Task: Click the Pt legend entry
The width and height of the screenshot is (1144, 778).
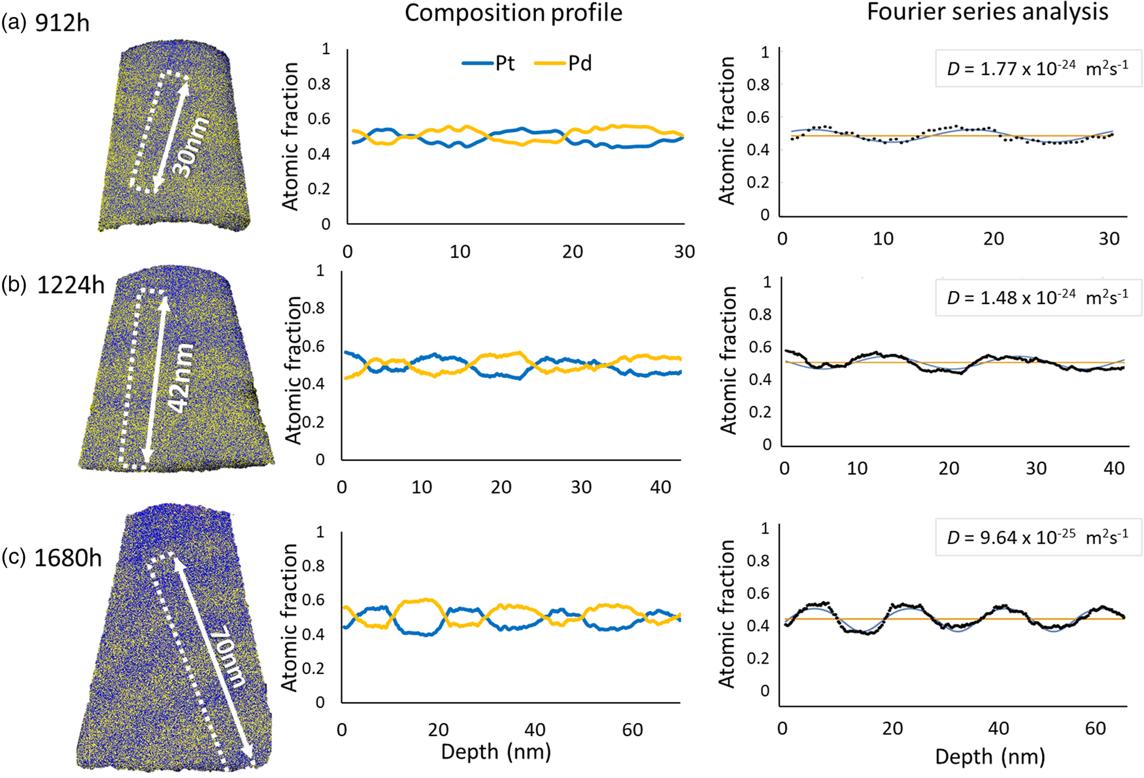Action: pyautogui.click(x=488, y=63)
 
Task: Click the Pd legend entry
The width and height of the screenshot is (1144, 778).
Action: pyautogui.click(x=563, y=63)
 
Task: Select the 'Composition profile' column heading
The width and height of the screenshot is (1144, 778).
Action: pyautogui.click(x=513, y=13)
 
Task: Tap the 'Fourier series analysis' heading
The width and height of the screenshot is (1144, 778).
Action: pyautogui.click(x=987, y=12)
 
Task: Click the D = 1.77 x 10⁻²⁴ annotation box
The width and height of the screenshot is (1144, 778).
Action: pyautogui.click(x=1037, y=68)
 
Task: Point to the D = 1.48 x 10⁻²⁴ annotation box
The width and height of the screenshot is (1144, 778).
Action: pyautogui.click(x=1037, y=297)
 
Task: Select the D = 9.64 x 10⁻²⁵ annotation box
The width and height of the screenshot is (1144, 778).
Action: pyautogui.click(x=1037, y=537)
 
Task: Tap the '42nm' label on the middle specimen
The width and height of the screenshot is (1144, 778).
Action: pyautogui.click(x=178, y=378)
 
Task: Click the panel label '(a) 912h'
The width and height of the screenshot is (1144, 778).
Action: pyautogui.click(x=45, y=23)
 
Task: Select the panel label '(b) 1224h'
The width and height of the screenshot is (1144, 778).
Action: pyautogui.click(x=53, y=285)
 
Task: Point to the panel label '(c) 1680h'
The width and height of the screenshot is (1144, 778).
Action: pyautogui.click(x=52, y=558)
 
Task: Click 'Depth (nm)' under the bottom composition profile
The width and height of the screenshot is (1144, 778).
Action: pyautogui.click(x=496, y=752)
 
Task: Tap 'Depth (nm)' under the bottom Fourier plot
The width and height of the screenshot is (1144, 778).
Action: pyautogui.click(x=990, y=757)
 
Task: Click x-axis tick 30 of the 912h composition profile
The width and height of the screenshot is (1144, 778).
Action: pyautogui.click(x=684, y=252)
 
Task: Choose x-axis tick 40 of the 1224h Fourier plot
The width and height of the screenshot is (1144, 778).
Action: pyautogui.click(x=1114, y=468)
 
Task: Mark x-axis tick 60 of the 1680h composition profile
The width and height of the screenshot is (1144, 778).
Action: pyautogui.click(x=632, y=730)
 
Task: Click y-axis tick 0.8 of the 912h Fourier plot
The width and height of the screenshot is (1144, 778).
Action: pyautogui.click(x=759, y=85)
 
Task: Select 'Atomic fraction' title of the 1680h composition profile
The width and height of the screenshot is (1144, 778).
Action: pyautogui.click(x=290, y=618)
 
